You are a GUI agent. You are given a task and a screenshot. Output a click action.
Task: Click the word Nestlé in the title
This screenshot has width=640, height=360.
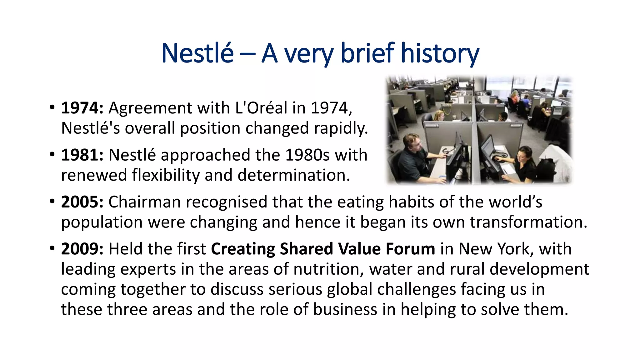[x=197, y=53]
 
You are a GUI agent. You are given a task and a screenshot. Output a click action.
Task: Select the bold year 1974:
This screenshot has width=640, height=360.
[x=82, y=108]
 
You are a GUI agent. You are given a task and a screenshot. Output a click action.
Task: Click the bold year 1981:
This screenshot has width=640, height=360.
[x=82, y=155]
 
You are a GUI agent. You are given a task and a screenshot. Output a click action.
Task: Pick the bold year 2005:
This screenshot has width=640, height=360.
[x=82, y=202]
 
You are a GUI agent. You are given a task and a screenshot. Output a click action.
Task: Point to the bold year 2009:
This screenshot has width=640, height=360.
[x=82, y=249]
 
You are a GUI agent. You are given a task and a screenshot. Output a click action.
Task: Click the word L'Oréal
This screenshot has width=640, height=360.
[x=261, y=108]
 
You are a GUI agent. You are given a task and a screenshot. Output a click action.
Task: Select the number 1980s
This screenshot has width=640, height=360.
[x=307, y=155]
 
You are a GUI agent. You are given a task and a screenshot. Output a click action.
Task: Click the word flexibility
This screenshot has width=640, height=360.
[x=166, y=175]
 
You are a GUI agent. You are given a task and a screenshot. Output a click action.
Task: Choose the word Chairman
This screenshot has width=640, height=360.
[x=145, y=202]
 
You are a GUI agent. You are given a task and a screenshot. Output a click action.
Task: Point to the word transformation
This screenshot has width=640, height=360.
[x=528, y=222]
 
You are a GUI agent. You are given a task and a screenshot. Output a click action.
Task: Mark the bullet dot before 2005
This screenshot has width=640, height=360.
[x=52, y=202]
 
